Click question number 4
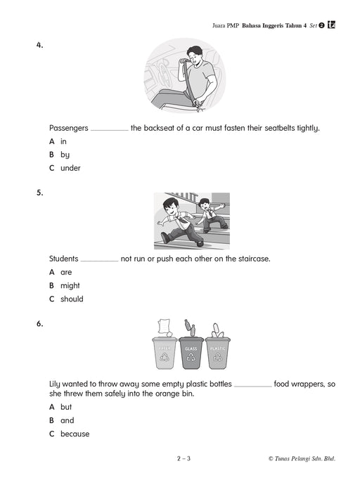[39, 45]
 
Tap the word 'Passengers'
[69, 128]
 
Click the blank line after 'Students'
[100, 261]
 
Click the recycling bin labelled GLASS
[191, 353]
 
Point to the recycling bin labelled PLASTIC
[218, 353]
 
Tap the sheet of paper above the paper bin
[165, 327]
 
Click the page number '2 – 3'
[184, 458]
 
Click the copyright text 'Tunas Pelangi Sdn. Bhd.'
[304, 459]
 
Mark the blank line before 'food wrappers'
[252, 387]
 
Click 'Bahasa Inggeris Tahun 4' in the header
[274, 26]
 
